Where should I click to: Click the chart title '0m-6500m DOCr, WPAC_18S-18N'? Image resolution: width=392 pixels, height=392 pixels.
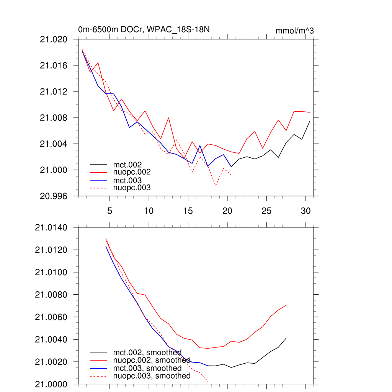(x=144, y=29)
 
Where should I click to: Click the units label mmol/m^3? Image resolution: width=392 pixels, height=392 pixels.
(x=294, y=31)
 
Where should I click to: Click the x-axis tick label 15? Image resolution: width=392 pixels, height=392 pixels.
(x=188, y=211)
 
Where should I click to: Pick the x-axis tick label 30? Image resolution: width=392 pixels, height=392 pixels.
(x=305, y=211)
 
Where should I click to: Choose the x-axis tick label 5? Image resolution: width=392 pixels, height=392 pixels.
(x=110, y=211)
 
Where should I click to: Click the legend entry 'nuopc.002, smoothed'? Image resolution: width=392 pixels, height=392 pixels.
(x=152, y=360)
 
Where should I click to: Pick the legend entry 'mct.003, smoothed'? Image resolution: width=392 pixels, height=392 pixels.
(x=147, y=368)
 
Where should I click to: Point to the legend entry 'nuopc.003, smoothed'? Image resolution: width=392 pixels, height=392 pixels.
(x=152, y=376)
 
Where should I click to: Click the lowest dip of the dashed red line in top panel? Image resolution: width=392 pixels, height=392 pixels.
(x=216, y=186)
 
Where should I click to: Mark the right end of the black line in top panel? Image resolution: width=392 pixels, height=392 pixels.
(x=310, y=121)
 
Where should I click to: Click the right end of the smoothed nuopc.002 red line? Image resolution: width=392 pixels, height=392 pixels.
(x=286, y=305)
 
